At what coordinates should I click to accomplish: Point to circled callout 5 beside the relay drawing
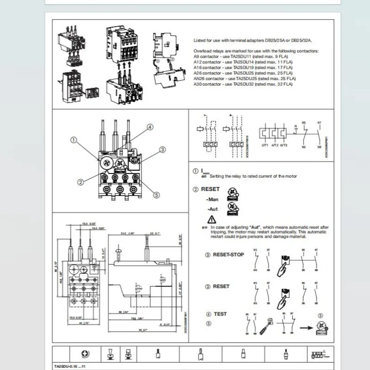tap(156, 195)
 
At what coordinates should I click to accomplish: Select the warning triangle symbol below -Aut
tap(212, 219)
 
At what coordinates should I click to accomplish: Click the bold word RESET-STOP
tap(228, 255)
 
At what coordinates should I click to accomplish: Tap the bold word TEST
tap(220, 314)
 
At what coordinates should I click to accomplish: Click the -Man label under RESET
tap(212, 199)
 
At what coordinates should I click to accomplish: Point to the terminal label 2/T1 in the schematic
tap(265, 145)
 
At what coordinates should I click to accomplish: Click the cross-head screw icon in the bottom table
tap(85, 354)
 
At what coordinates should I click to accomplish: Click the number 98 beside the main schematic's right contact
tap(319, 147)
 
